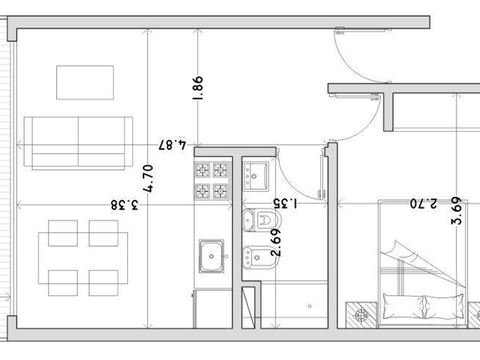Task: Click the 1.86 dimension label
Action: click(198, 88)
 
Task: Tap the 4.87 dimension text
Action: click(173, 145)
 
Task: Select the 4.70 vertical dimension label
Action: click(148, 179)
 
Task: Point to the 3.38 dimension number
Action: click(125, 205)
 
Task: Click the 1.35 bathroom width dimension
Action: click(285, 203)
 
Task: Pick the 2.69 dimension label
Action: click(276, 243)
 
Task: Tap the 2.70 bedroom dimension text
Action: click(424, 203)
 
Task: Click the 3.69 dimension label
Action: click(457, 211)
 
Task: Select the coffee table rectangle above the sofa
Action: click(85, 82)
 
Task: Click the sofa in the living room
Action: click(78, 143)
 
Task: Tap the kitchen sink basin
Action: click(211, 256)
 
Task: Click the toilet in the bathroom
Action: click(262, 220)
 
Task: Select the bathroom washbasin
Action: click(256, 176)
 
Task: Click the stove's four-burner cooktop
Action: click(212, 181)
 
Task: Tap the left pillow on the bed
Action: click(403, 306)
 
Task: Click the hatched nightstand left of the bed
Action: click(361, 315)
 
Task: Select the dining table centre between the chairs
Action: click(83, 258)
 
